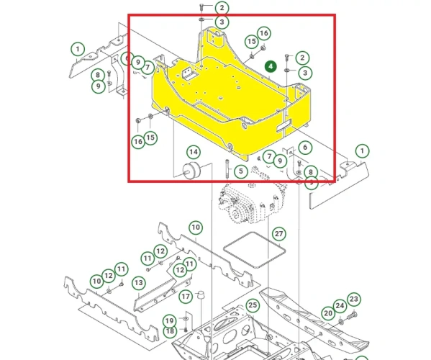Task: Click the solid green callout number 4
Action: point(271,66)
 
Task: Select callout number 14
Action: point(194,152)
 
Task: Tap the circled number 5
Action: point(241,171)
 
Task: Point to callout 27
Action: point(279,234)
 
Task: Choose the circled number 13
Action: point(139,283)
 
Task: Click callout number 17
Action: point(186,296)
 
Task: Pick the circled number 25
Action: point(253,305)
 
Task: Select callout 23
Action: point(354,300)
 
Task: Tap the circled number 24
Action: point(340,306)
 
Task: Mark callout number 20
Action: point(328,313)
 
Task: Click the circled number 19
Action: point(169,320)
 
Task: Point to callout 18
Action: point(170,331)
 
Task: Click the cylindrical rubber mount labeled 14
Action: point(191,171)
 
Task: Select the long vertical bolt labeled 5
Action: point(227,168)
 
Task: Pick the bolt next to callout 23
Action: point(352,316)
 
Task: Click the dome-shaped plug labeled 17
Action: point(201,294)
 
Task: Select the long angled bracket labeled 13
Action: point(162,295)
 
